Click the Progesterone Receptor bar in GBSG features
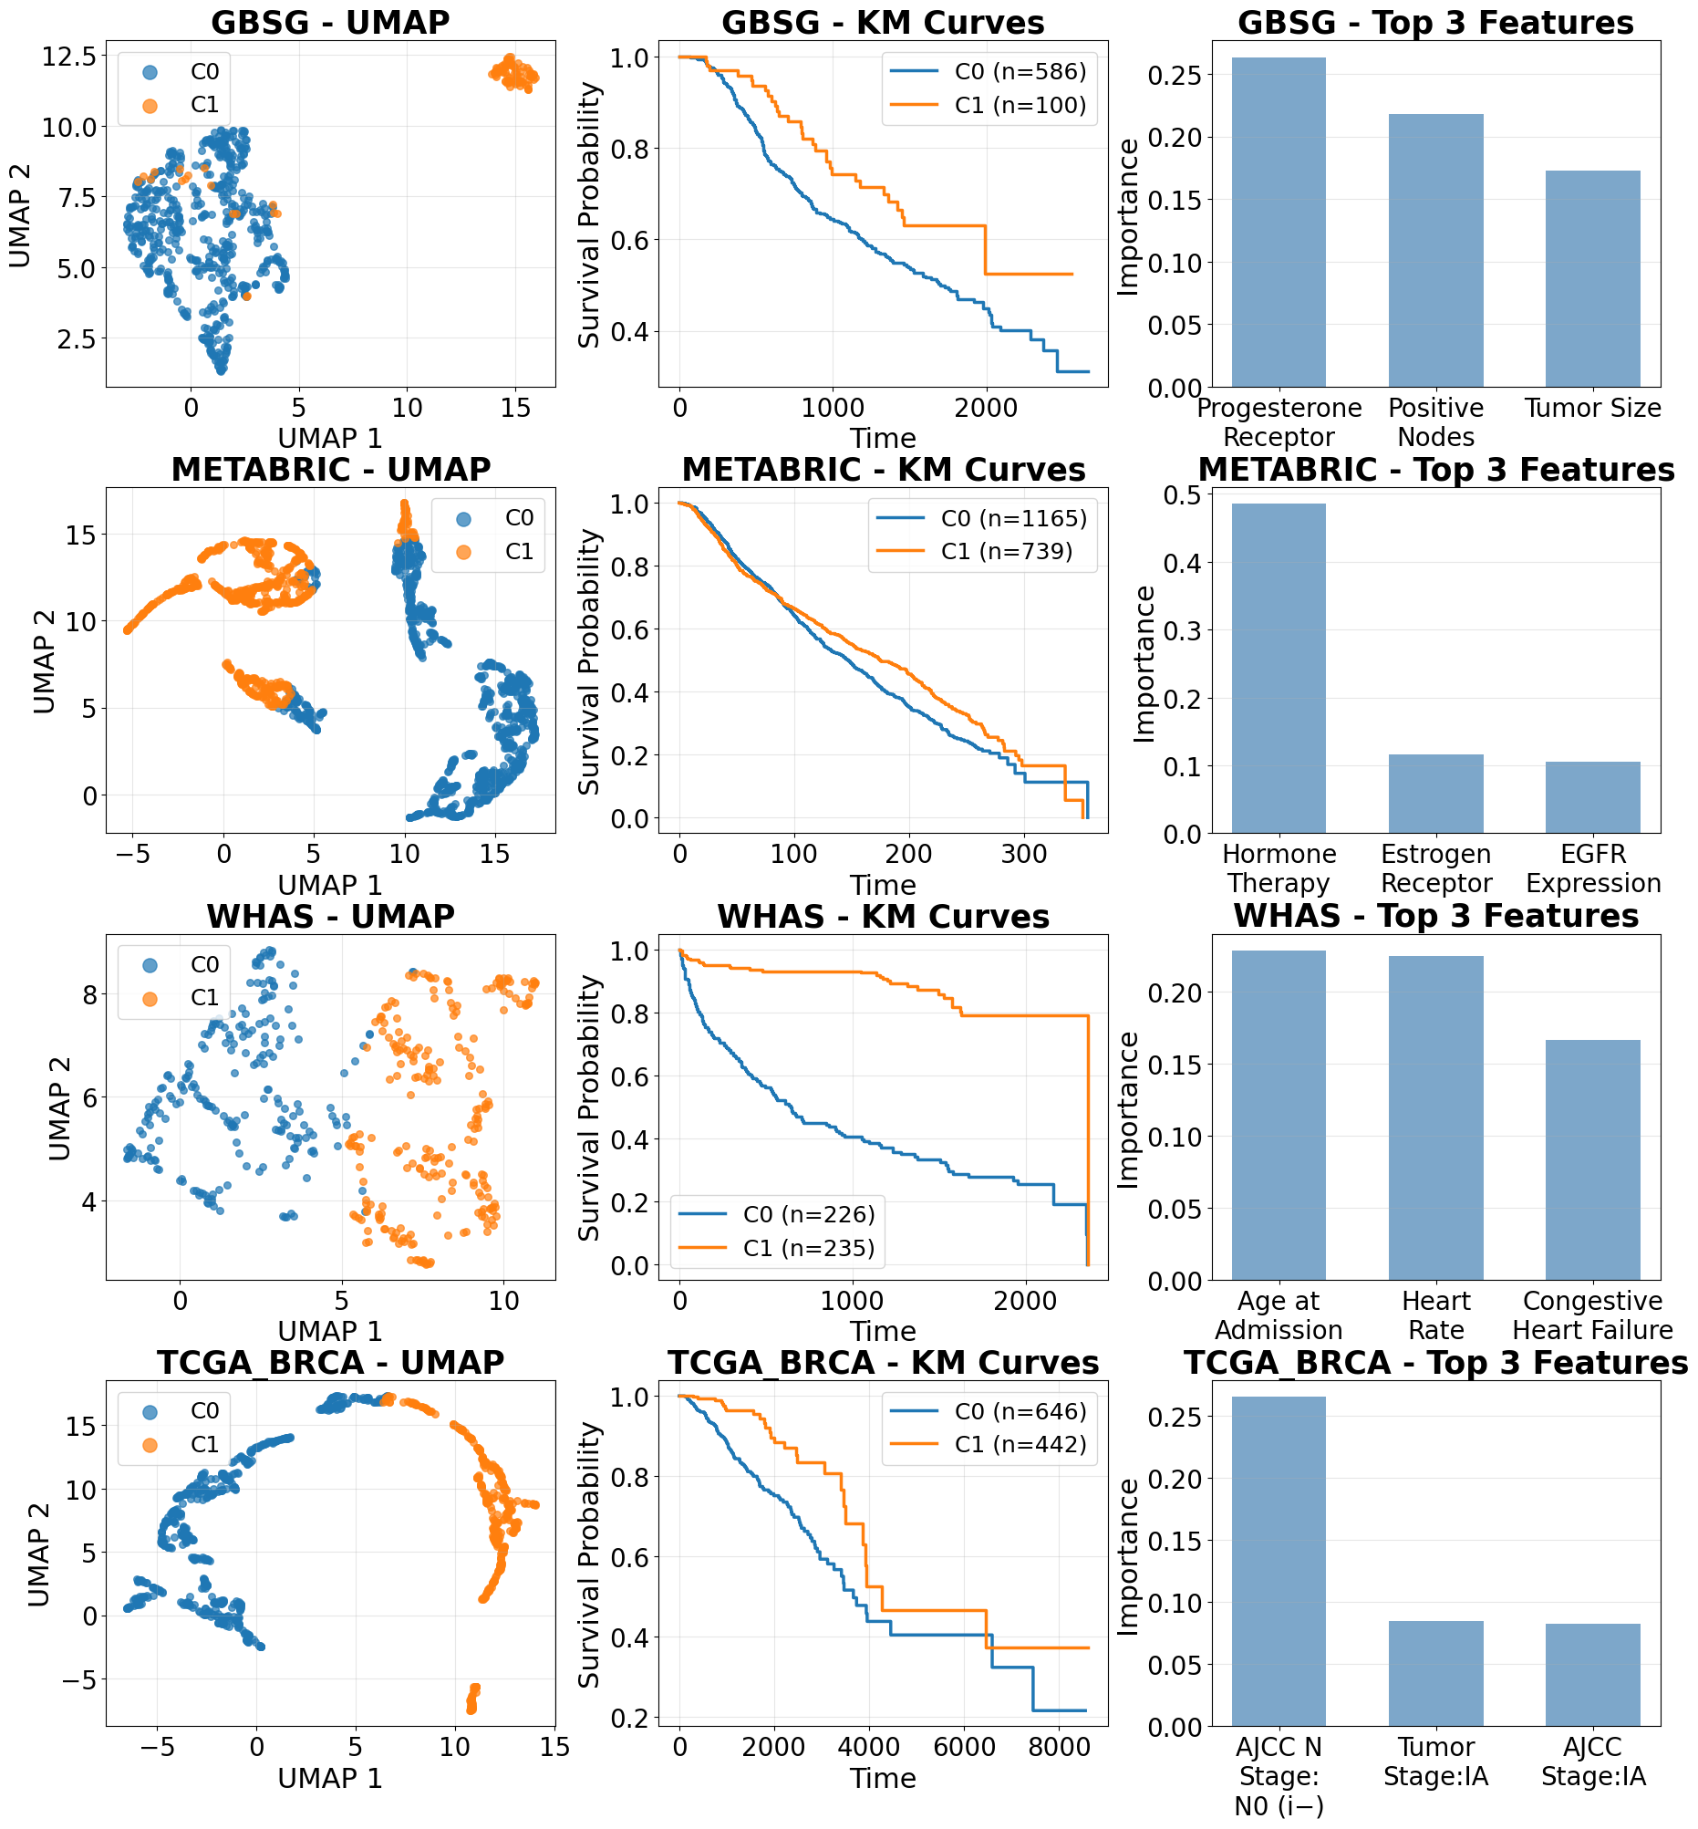tap(1279, 223)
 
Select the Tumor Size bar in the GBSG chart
tap(1592, 278)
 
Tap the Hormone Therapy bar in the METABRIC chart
tap(1279, 668)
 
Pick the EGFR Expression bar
tap(1592, 797)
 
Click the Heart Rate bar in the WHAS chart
tap(1435, 1117)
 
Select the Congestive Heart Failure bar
tap(1592, 1160)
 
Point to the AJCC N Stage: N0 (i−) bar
tap(1279, 1562)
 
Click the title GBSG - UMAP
tap(331, 22)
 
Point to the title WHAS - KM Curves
tap(883, 917)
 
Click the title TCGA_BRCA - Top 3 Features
tap(1435, 1362)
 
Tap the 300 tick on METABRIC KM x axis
tap(1023, 854)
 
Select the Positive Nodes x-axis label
tap(1435, 421)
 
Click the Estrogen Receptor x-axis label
tap(1435, 868)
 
